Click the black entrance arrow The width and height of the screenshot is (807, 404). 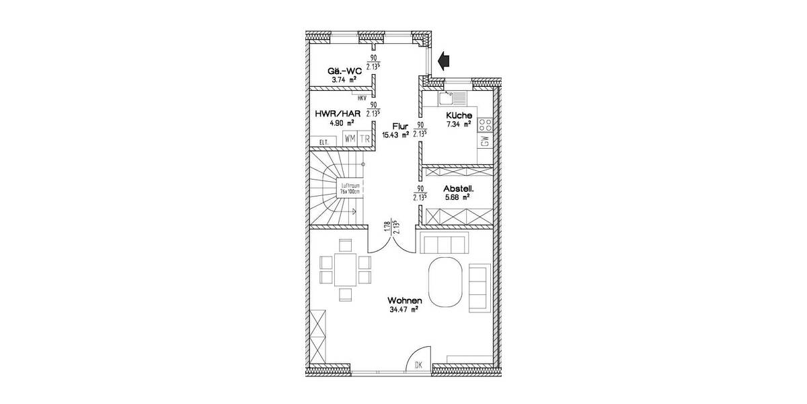443,61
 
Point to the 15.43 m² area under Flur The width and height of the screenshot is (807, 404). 395,135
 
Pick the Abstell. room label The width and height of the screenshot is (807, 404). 459,190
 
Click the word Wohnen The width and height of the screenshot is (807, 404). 404,300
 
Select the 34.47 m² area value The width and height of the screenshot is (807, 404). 404,310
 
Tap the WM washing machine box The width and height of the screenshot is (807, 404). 350,139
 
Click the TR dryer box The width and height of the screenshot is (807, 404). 364,139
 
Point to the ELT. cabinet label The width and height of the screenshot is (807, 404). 323,141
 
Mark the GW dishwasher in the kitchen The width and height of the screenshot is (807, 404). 484,141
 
